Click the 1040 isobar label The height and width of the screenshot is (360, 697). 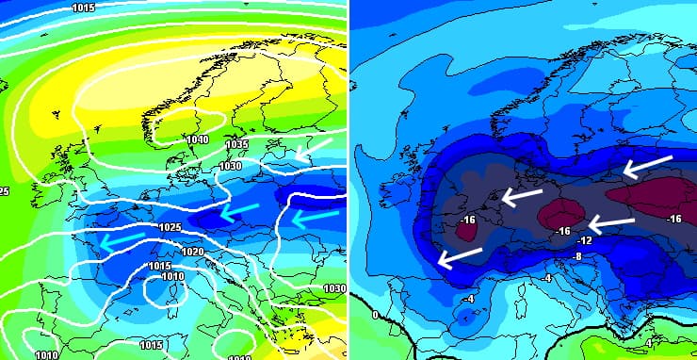point(197,139)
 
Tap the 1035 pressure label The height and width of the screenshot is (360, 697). point(236,144)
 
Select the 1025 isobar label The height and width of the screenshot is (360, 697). point(170,228)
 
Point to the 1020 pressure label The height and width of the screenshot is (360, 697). point(192,252)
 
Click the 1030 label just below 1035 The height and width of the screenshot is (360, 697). point(230,166)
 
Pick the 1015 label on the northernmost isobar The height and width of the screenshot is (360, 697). point(83,8)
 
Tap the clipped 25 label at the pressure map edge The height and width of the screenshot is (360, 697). point(5,191)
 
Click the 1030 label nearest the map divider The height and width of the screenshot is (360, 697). point(334,288)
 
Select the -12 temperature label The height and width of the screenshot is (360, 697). point(584,241)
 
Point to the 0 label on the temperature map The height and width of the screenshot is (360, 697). point(376,315)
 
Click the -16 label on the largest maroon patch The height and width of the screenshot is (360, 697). point(673,219)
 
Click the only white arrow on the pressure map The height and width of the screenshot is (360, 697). point(314,146)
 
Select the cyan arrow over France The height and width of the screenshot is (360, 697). point(123,240)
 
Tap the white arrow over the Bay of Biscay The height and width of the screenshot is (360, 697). point(460,255)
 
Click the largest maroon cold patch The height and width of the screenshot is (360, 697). point(655,196)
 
